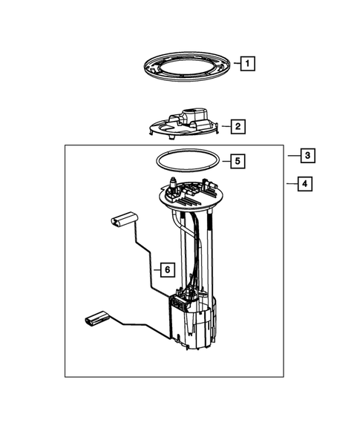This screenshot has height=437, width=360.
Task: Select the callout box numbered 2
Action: click(238, 127)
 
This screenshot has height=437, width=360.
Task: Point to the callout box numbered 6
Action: click(167, 269)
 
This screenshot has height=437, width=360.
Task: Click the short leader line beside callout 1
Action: click(235, 65)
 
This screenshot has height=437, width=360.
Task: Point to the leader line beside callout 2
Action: click(226, 127)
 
